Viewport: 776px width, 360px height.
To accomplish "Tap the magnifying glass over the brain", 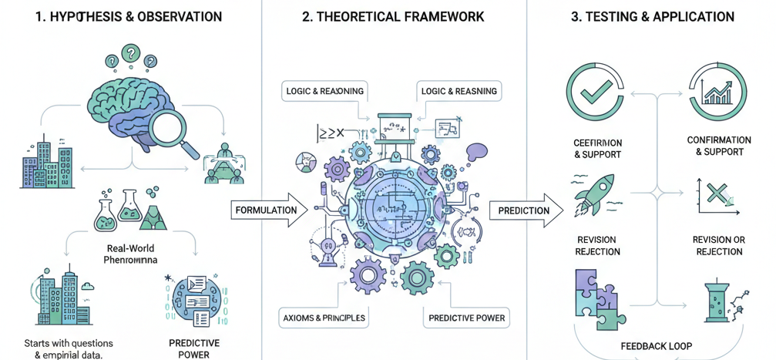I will (178, 127).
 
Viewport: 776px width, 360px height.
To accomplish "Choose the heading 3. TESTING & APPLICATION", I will (652, 16).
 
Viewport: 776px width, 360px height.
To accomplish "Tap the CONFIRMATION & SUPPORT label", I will (719, 146).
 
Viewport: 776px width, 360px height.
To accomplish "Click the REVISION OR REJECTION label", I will (719, 246).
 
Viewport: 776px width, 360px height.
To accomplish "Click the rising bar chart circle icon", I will (717, 92).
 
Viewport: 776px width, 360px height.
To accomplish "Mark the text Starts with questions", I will (69, 343).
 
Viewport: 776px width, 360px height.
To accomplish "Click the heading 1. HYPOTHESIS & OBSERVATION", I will (129, 16).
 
